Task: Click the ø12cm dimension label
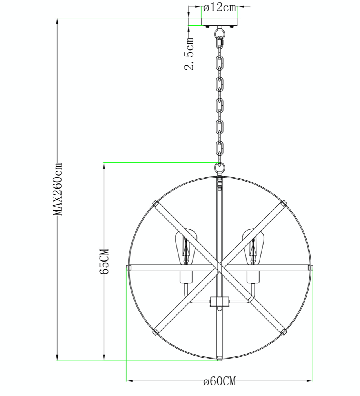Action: [x=220, y=8]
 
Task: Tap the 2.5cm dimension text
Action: [x=189, y=54]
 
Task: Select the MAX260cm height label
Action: [x=57, y=189]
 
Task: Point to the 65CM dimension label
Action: [x=104, y=261]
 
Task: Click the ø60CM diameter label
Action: [x=220, y=381]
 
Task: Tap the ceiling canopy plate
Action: [x=220, y=22]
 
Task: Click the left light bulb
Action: [x=186, y=247]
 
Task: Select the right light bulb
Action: [x=253, y=247]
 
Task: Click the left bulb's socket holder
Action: [x=186, y=277]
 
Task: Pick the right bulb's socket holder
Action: [x=253, y=277]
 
